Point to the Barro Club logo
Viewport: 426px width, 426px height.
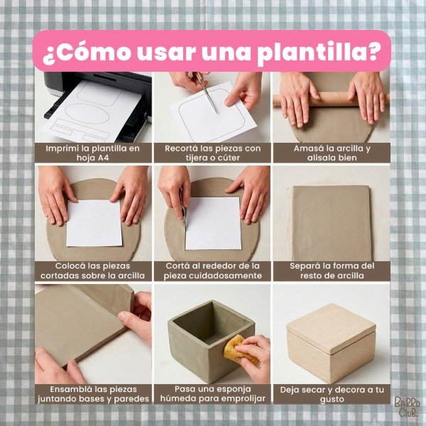pos(408,406)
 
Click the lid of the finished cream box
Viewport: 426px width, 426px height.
pos(332,328)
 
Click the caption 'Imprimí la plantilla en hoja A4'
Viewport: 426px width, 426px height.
pos(93,153)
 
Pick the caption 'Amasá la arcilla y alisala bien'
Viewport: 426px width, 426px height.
pos(332,153)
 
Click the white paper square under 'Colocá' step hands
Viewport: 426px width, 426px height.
pos(94,224)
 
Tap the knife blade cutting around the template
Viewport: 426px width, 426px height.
pos(184,214)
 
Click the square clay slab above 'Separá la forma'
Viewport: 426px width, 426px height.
pos(332,224)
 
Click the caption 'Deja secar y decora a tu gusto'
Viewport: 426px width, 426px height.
pos(332,395)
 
